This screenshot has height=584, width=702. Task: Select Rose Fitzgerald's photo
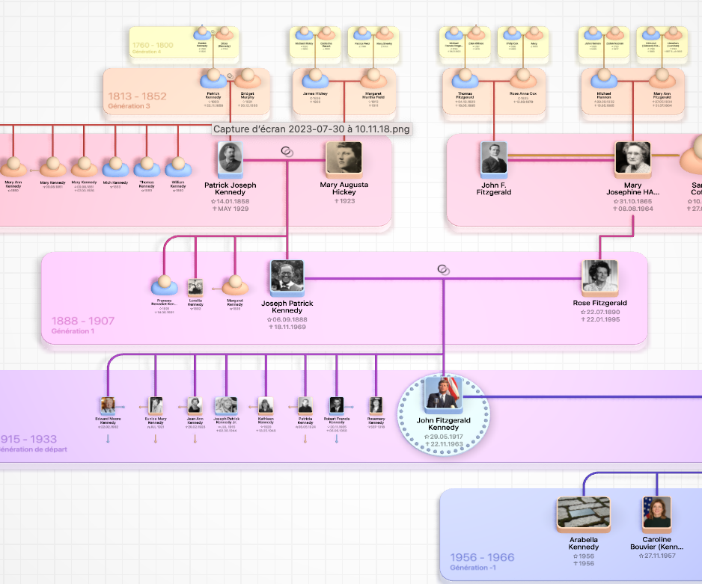(x=599, y=277)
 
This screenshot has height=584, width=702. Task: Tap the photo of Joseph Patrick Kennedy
(x=287, y=277)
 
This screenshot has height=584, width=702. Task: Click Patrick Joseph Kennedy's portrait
(x=230, y=159)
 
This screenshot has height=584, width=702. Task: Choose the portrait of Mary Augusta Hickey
(x=344, y=159)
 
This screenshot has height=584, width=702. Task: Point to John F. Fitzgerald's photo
(x=494, y=159)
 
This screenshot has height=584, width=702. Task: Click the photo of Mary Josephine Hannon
(x=632, y=159)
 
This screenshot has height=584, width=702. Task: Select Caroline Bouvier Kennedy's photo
(x=656, y=514)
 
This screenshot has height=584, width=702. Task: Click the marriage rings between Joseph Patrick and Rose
(x=443, y=270)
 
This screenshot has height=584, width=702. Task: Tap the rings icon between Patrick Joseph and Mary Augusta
(x=286, y=152)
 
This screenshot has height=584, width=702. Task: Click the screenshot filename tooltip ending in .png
(x=311, y=129)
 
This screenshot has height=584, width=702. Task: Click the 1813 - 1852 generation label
(x=137, y=96)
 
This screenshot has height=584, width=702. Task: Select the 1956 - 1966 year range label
(x=482, y=557)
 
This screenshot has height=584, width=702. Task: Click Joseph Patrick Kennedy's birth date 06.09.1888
(x=287, y=319)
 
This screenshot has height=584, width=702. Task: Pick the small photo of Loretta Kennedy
(x=195, y=286)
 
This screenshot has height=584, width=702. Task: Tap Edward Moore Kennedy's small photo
(x=108, y=405)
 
